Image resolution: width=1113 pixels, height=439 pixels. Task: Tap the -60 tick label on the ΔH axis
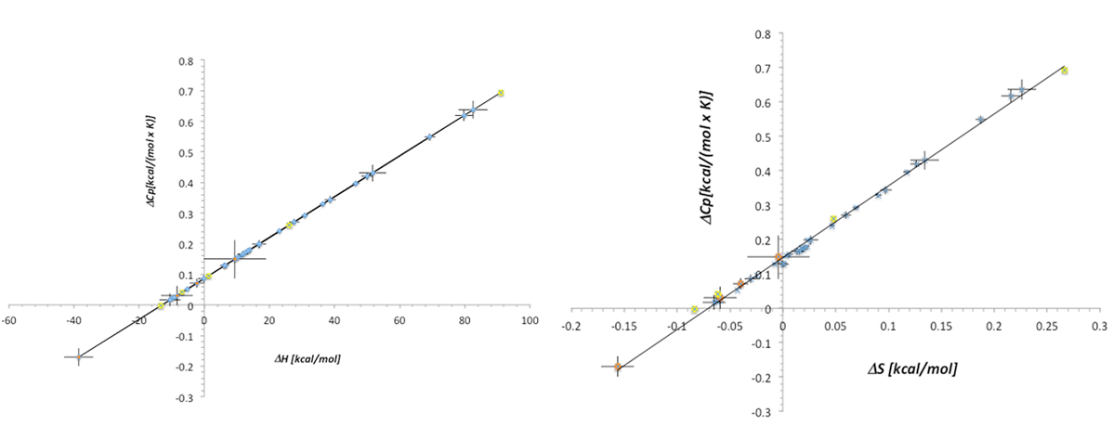(8, 320)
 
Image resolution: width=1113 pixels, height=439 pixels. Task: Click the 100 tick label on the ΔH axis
(530, 320)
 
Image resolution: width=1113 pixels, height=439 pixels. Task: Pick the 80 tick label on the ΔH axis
(465, 320)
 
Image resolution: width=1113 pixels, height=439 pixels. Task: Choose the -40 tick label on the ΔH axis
(73, 320)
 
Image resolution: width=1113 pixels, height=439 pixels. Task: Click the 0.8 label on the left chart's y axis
(186, 62)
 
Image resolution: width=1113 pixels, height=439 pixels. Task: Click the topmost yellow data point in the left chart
(501, 93)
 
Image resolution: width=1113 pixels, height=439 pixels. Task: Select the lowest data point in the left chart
(79, 356)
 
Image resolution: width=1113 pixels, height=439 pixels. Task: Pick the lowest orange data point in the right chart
(617, 367)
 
